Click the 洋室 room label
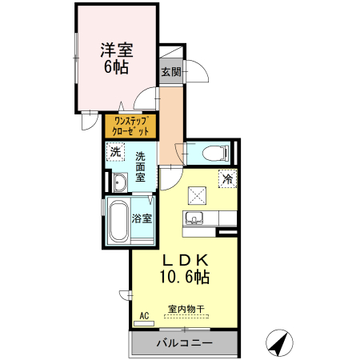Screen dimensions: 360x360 (x=116, y=47)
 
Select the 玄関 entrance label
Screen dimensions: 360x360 (x=170, y=72)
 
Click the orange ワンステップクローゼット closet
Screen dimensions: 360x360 (x=130, y=126)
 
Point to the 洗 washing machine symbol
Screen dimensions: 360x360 (x=116, y=151)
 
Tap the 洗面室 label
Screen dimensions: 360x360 (x=140, y=166)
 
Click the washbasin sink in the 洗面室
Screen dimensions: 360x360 (x=119, y=182)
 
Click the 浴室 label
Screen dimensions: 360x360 (x=142, y=218)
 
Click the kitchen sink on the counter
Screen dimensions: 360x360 (x=195, y=218)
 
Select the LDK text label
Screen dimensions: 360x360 (x=186, y=260)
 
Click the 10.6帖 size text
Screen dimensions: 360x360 (x=186, y=278)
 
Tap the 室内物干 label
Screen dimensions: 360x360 (x=186, y=309)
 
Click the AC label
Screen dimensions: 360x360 (x=145, y=317)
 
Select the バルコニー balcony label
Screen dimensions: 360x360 (x=184, y=344)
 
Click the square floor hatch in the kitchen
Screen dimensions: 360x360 (x=198, y=194)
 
